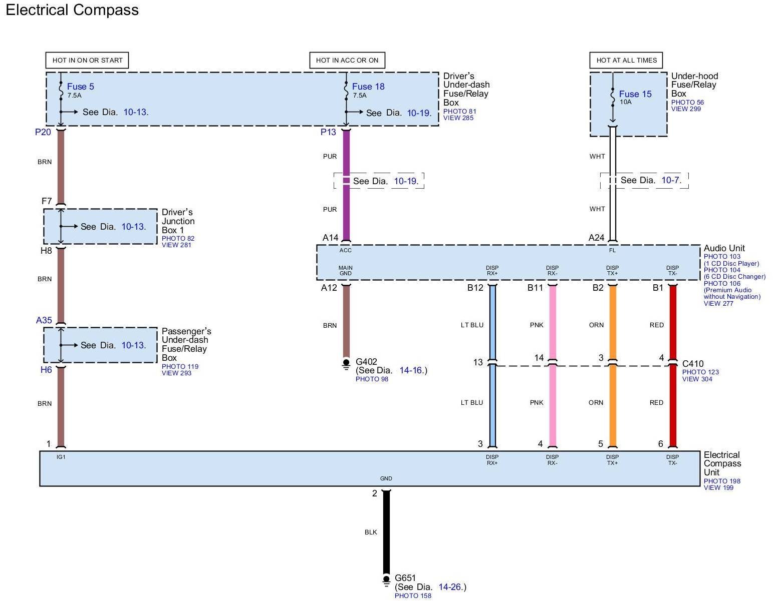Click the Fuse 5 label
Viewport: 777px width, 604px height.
click(80, 87)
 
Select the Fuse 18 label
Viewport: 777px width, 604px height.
click(368, 87)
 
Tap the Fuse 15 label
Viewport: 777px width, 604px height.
click(635, 94)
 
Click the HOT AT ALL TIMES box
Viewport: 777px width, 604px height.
click(626, 60)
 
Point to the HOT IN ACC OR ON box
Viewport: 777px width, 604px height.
click(347, 60)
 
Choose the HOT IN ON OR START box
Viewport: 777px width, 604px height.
click(87, 60)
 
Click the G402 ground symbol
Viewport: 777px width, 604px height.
click(346, 364)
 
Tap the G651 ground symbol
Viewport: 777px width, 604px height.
click(386, 580)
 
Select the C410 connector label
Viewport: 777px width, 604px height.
click(693, 364)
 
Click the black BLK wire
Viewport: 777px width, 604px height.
click(386, 532)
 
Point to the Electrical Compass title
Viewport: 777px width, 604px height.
click(72, 10)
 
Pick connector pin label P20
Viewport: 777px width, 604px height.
click(43, 132)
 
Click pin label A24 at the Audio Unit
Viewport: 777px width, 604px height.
click(596, 238)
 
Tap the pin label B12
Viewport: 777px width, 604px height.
click(475, 288)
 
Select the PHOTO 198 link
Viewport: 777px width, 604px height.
click(722, 481)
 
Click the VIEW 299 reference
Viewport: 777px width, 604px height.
click(686, 109)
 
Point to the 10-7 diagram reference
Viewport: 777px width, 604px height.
click(671, 180)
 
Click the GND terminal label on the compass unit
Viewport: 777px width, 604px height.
click(386, 478)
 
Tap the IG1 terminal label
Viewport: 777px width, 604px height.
click(61, 457)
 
